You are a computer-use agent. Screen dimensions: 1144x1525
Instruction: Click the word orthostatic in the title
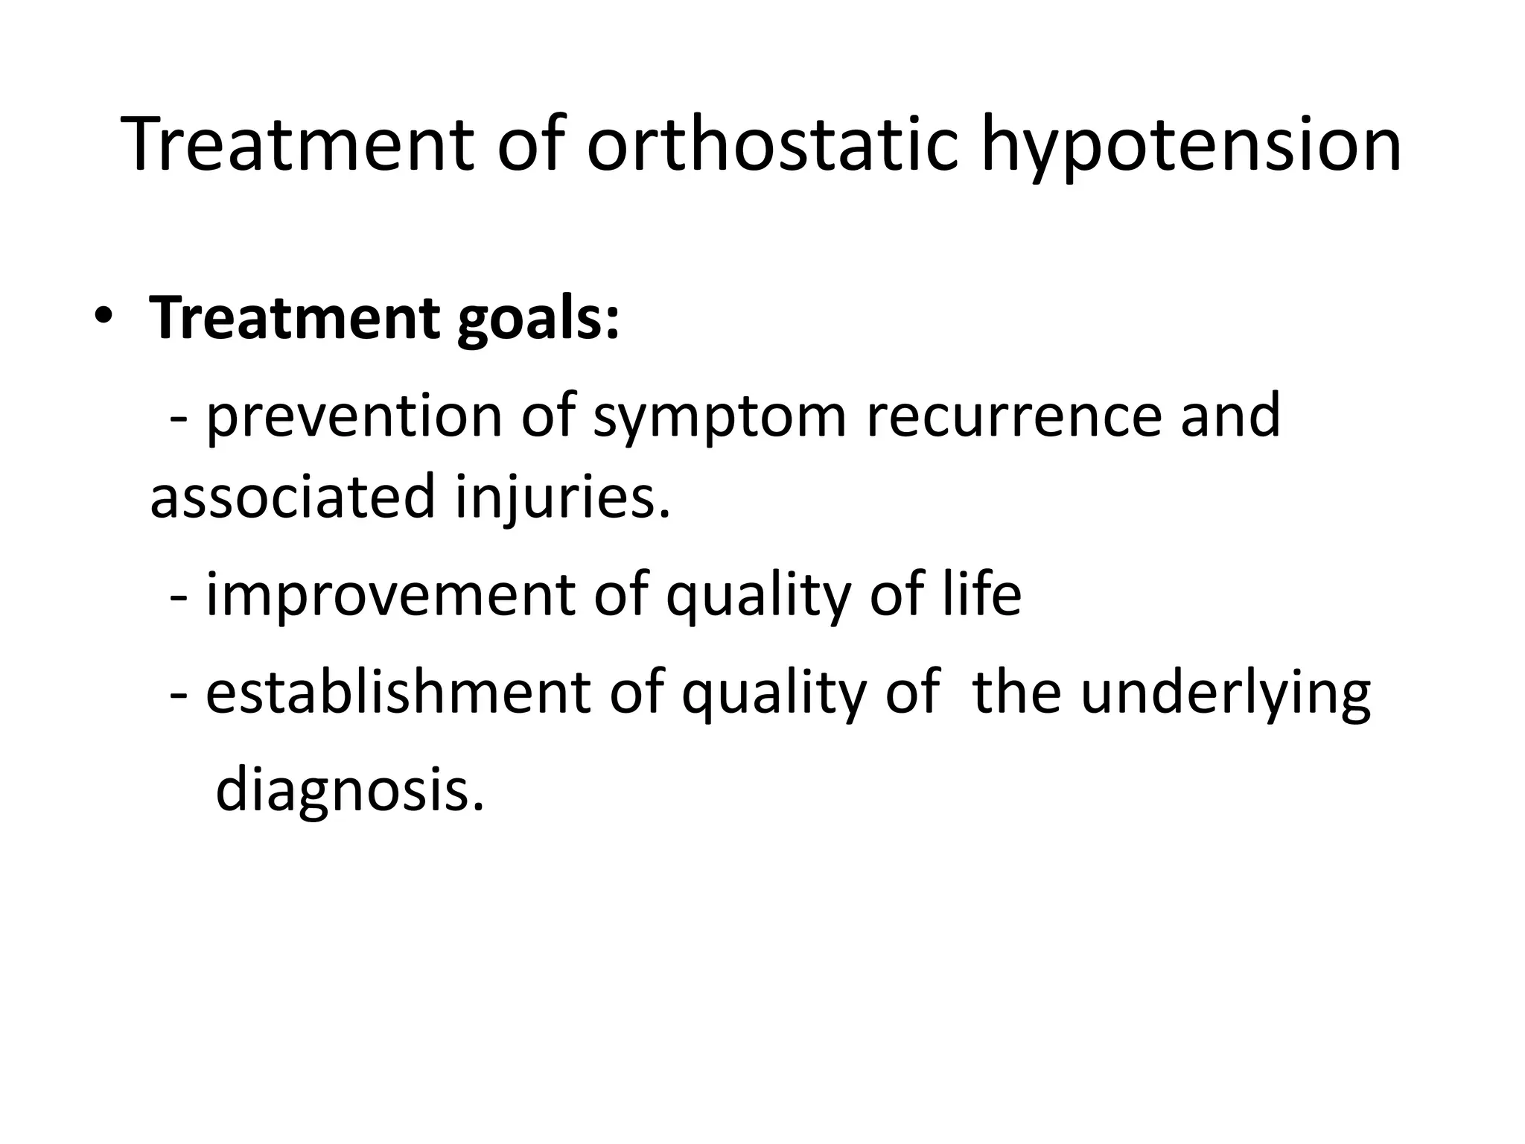tap(772, 145)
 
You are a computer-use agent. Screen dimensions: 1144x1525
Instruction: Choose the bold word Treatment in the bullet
tap(295, 318)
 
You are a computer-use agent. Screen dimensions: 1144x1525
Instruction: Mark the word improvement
tap(390, 595)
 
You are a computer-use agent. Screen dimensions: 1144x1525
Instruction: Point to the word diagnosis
tap(348, 792)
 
